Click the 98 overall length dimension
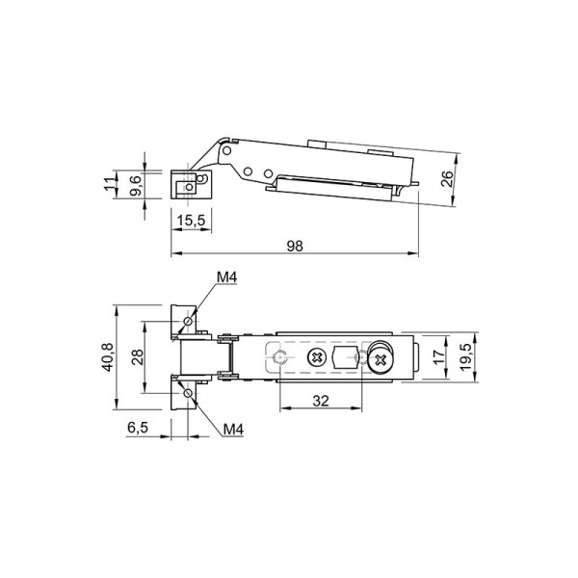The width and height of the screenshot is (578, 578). pos(295,246)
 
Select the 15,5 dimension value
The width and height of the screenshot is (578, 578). pos(191,221)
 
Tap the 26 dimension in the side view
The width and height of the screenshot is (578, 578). pos(447,179)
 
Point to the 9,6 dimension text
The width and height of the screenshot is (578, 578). pos(135,185)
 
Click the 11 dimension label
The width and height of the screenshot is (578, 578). pos(110,183)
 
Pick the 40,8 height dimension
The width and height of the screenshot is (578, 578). pos(108,357)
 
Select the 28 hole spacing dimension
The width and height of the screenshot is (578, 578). pos(138,357)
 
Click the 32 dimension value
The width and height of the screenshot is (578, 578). pos(321,401)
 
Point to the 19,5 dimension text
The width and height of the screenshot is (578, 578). pos(465,357)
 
